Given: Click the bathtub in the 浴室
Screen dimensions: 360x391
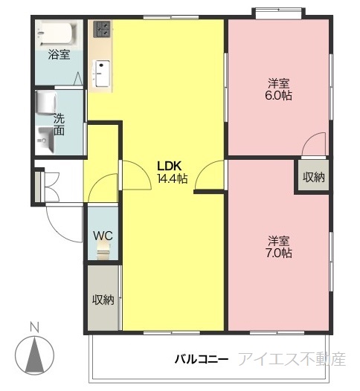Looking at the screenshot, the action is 57,34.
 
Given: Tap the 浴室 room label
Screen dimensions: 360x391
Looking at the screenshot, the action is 59,54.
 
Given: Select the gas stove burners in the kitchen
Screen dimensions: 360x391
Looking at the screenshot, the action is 102,29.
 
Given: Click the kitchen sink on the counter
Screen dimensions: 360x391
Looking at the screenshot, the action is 102,74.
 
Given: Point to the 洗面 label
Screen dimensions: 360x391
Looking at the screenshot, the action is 59,125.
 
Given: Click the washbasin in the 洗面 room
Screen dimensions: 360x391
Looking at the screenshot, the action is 45,140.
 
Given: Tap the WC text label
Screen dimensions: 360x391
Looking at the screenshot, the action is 103,236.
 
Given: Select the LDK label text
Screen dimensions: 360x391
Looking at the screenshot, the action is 169,166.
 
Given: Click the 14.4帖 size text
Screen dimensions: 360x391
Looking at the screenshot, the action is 173,178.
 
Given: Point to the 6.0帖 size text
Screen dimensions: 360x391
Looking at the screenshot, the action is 278,95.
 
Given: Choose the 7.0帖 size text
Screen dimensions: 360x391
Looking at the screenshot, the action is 278,253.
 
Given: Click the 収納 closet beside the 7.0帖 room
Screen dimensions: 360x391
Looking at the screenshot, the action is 314,177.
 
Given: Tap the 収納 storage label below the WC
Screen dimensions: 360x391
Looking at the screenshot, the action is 103,300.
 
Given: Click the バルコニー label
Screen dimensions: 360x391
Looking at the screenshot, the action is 202,359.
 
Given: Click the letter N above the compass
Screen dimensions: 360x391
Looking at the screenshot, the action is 34,327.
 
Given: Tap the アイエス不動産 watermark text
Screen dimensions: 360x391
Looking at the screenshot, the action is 292,359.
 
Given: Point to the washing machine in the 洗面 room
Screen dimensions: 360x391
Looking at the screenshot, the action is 45,103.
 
